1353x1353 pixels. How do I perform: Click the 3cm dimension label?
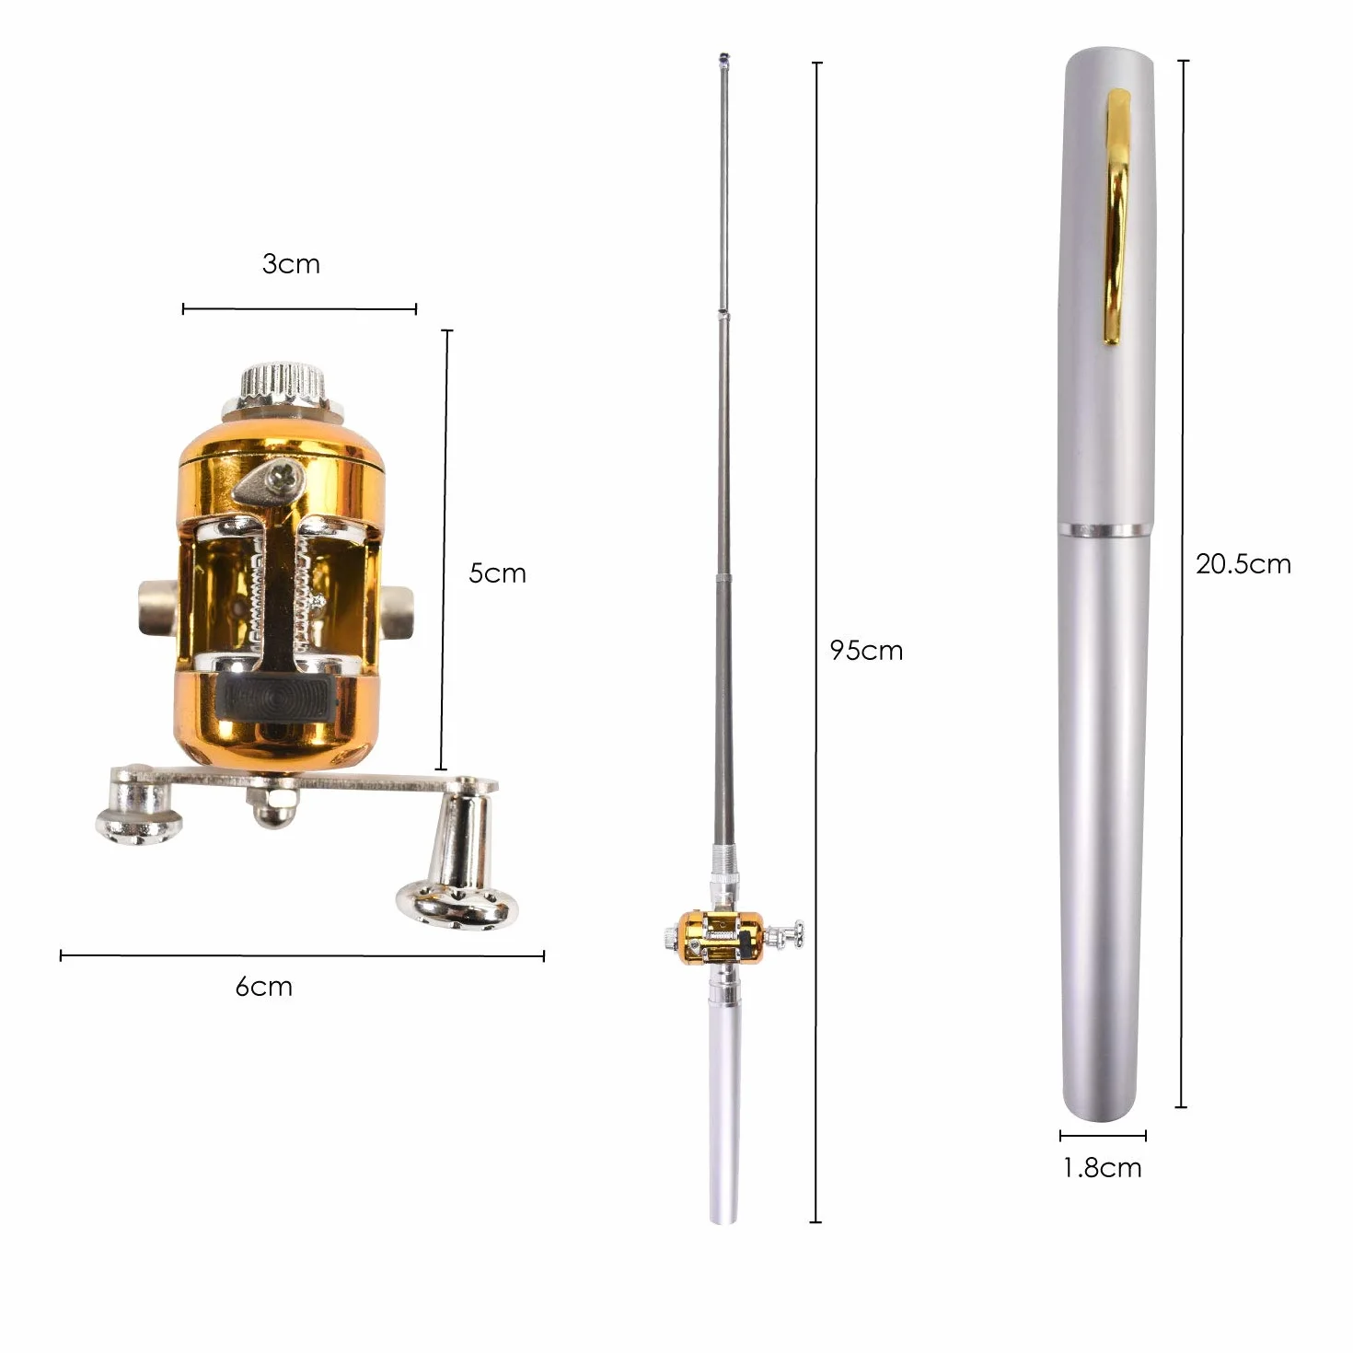tap(291, 264)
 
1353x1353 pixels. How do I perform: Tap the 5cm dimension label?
tap(497, 573)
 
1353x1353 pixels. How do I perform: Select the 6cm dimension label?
tap(264, 987)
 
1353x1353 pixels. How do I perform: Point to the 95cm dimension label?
tap(866, 650)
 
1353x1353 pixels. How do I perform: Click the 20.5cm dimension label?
tap(1243, 564)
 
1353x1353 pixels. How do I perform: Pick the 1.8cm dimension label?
tap(1103, 1168)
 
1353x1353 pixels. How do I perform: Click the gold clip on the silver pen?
tap(1117, 217)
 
